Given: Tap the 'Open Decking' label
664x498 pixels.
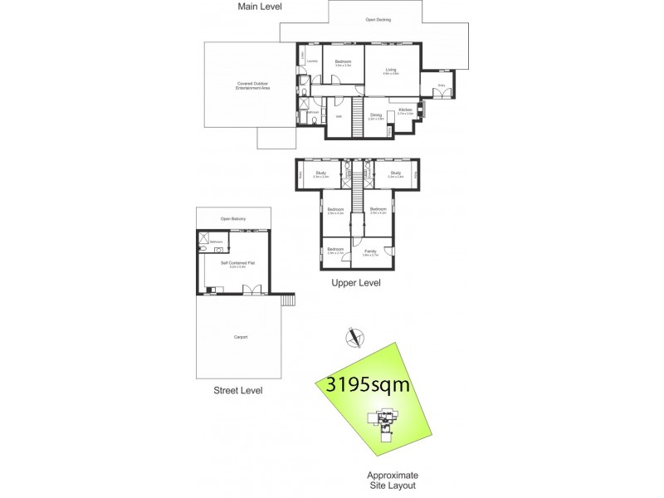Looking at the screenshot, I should pyautogui.click(x=378, y=20).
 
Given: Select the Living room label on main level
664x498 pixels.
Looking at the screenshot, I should pyautogui.click(x=391, y=71).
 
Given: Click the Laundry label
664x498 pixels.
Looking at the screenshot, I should pyautogui.click(x=312, y=61).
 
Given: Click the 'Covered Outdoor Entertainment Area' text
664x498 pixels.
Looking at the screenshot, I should pyautogui.click(x=254, y=85).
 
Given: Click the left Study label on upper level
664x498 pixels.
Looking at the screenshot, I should pyautogui.click(x=320, y=173).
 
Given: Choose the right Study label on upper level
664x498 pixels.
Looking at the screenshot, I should pyautogui.click(x=396, y=173).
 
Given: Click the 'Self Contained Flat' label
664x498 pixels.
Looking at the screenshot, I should pyautogui.click(x=235, y=264).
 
